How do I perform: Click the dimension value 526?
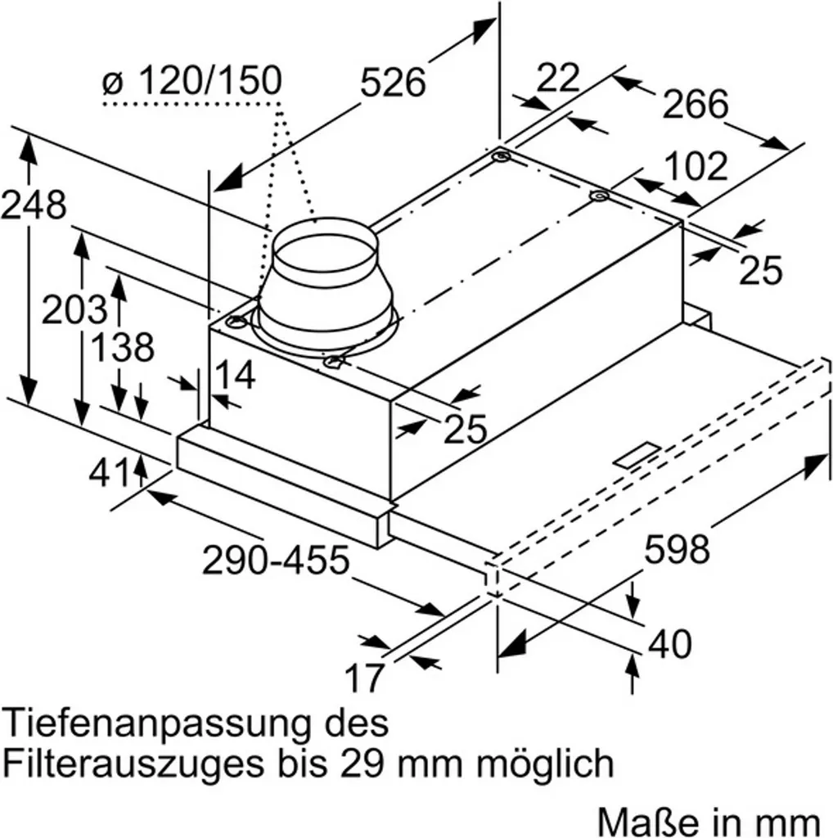click(394, 83)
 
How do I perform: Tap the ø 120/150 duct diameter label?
click(193, 81)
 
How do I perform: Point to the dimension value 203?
click(74, 310)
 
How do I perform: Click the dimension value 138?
click(121, 348)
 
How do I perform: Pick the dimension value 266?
click(695, 104)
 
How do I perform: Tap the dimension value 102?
click(695, 166)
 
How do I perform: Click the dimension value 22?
click(559, 79)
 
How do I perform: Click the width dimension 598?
click(677, 549)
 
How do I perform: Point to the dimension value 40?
click(670, 644)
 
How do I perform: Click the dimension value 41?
click(110, 472)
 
